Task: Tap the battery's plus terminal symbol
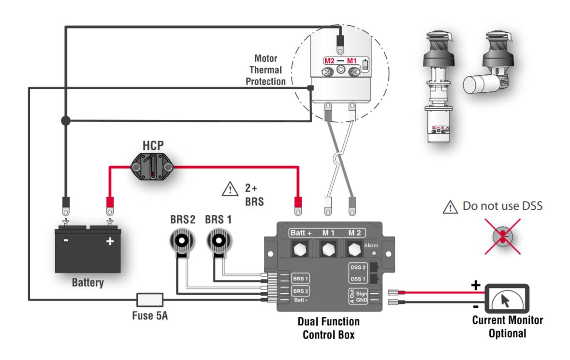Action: tap(110, 241)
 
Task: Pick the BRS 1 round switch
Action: tap(218, 241)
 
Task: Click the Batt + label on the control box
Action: tap(301, 233)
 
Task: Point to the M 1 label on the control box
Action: tap(329, 233)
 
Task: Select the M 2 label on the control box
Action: tap(355, 233)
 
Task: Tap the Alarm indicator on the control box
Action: tap(373, 253)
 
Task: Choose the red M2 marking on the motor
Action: tap(330, 61)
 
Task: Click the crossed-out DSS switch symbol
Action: tap(503, 236)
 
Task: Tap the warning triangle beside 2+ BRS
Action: tap(230, 188)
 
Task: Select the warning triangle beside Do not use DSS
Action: tap(450, 207)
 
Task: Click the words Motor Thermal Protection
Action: tap(265, 70)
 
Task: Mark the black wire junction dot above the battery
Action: tap(66, 120)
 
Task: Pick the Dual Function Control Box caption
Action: tap(328, 328)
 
